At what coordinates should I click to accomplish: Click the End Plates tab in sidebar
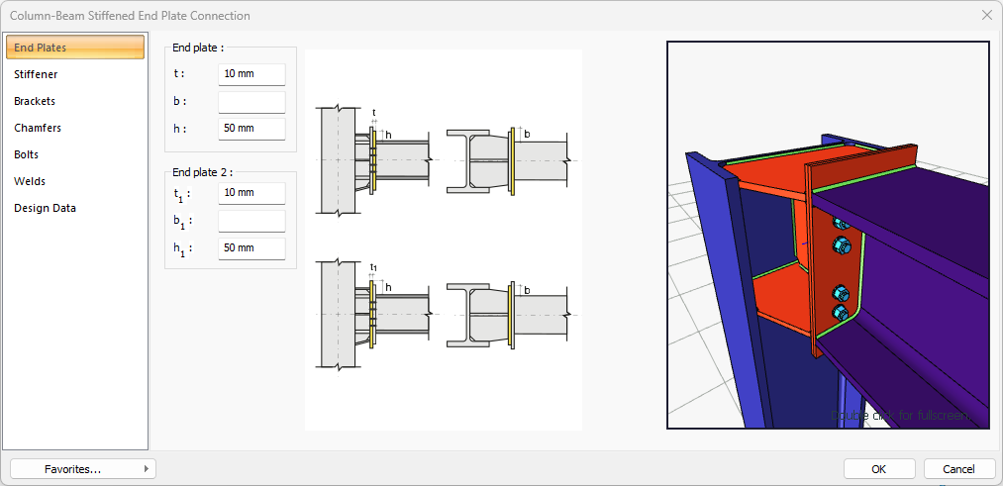click(75, 48)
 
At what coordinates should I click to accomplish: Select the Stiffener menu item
click(36, 74)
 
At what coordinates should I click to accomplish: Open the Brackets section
click(35, 101)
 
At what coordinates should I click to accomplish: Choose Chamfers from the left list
click(38, 128)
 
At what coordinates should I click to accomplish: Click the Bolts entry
click(27, 154)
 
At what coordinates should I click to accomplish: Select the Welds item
click(30, 181)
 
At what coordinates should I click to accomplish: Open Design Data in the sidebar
click(45, 208)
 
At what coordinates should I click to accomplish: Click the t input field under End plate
click(251, 74)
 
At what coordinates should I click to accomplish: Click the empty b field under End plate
click(251, 102)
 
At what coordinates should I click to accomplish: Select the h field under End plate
click(251, 129)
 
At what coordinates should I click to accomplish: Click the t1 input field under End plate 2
click(251, 193)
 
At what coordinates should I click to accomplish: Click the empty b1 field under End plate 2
click(251, 221)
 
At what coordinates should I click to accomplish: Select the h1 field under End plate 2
click(251, 248)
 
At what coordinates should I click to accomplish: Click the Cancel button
click(958, 468)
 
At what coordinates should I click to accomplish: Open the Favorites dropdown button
click(83, 468)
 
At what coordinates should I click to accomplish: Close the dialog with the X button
click(986, 15)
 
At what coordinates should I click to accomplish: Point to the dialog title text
click(130, 16)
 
